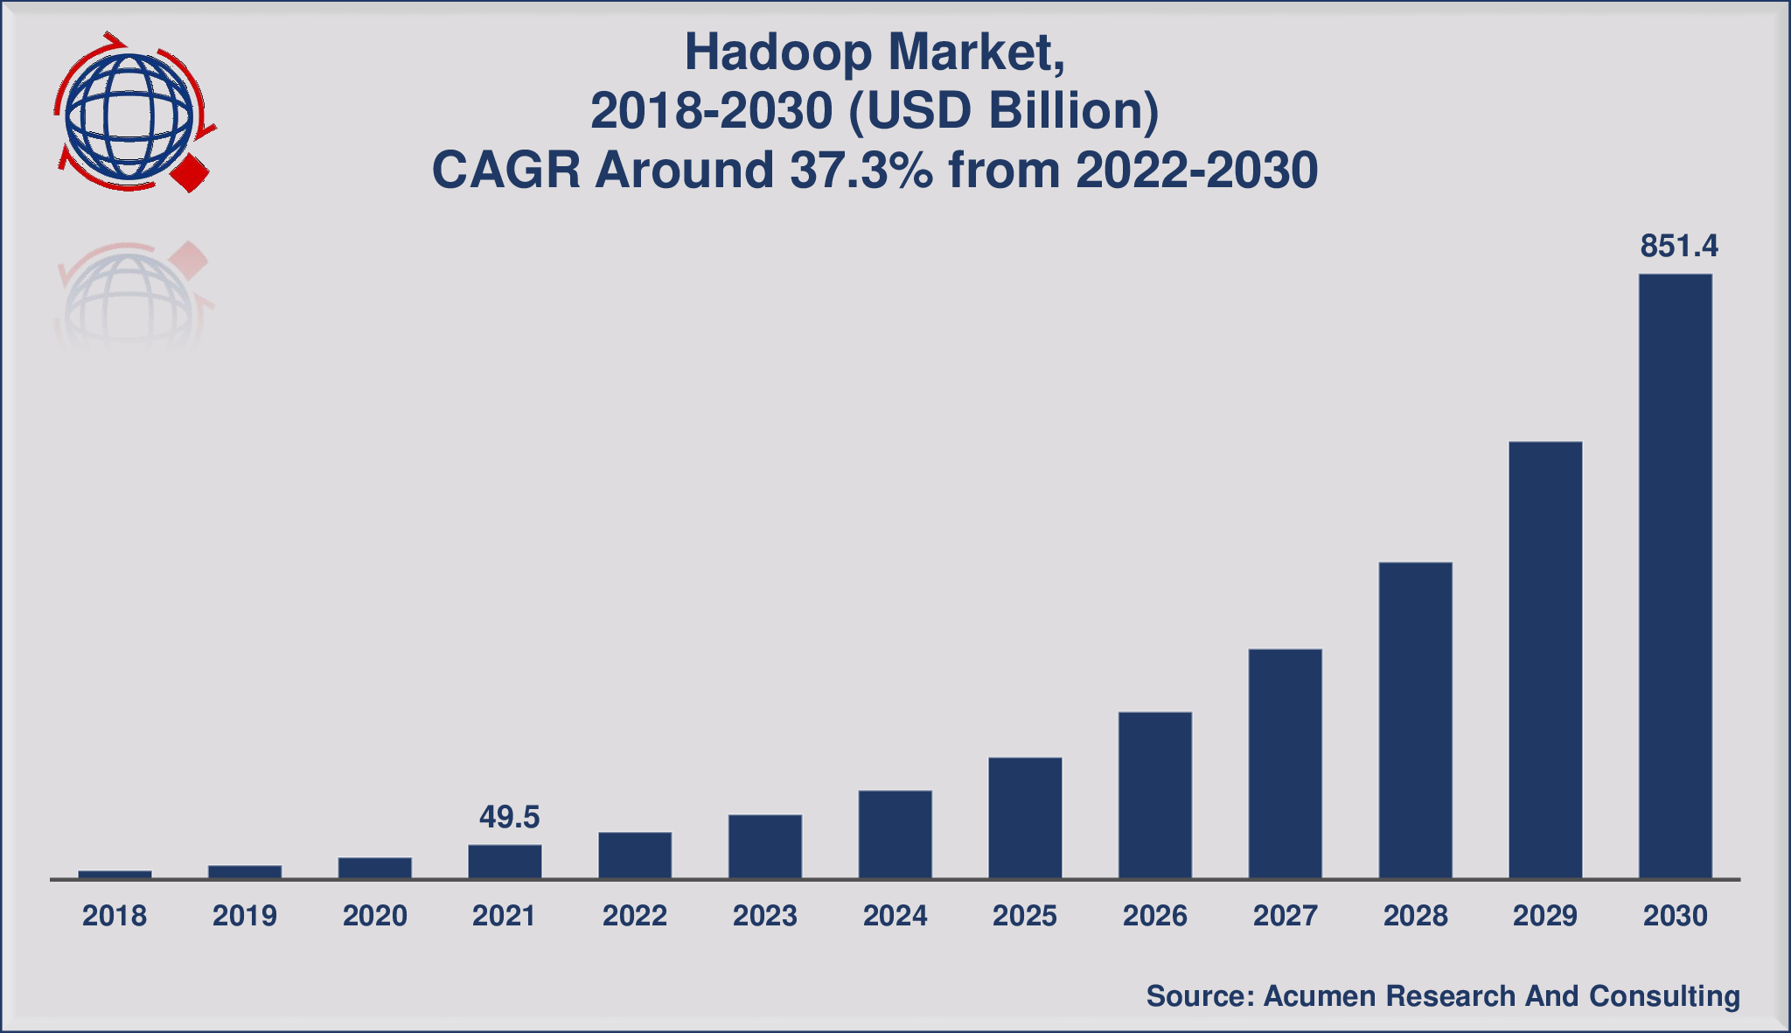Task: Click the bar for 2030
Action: (x=1675, y=576)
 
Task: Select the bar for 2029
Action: (x=1545, y=660)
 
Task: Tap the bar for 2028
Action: (x=1415, y=720)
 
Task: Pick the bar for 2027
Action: (x=1285, y=764)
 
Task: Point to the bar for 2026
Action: (x=1154, y=795)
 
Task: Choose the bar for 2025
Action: (x=1025, y=818)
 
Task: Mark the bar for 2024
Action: (x=895, y=834)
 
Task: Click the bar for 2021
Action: (x=505, y=862)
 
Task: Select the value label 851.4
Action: (x=1679, y=247)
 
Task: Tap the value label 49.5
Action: (x=509, y=817)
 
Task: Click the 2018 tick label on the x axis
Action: (x=115, y=916)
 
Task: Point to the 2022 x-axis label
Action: (x=635, y=916)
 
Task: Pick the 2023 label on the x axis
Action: (x=765, y=916)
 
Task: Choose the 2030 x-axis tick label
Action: (x=1676, y=916)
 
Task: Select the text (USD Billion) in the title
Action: (x=1004, y=112)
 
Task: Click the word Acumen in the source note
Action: (x=1320, y=995)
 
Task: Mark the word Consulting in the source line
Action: (x=1664, y=996)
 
